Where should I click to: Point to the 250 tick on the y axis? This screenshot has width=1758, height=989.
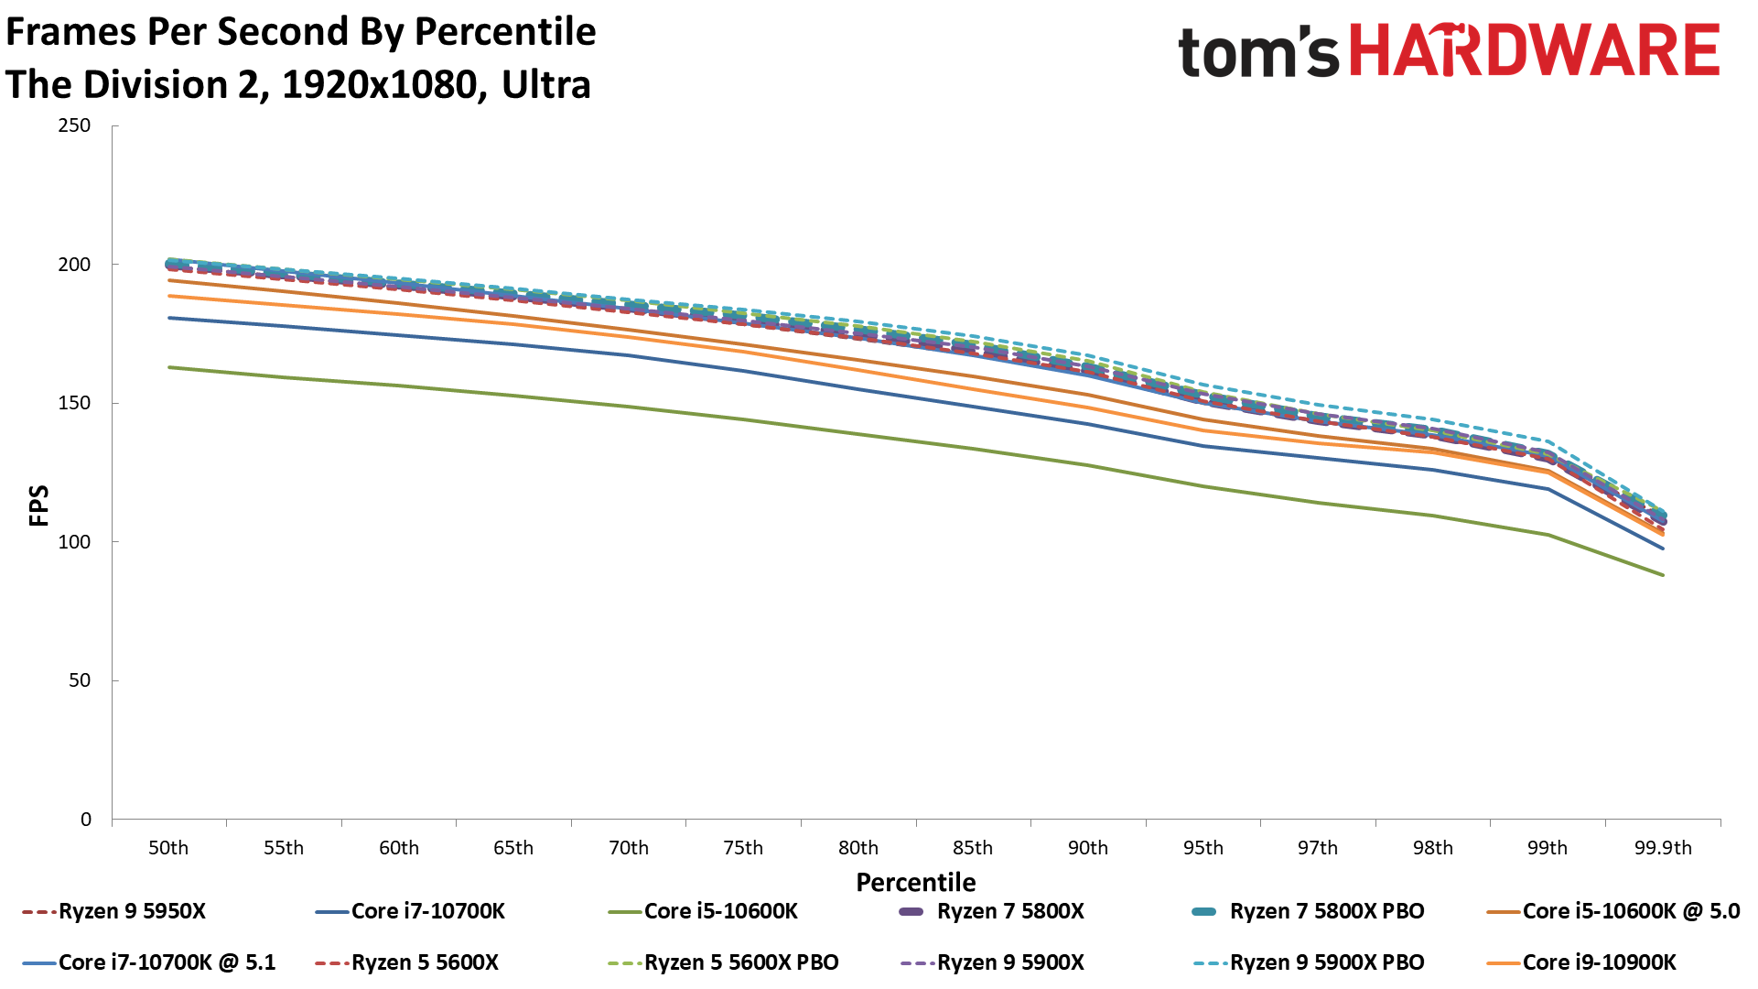(75, 125)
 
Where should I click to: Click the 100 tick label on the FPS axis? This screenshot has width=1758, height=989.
(75, 541)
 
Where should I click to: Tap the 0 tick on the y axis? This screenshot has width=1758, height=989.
(86, 820)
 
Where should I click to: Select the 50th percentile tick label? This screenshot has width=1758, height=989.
(168, 848)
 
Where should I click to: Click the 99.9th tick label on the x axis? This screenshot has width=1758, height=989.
(1663, 848)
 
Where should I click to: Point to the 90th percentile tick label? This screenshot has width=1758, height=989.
(1088, 848)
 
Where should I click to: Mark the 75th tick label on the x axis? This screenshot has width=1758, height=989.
(743, 848)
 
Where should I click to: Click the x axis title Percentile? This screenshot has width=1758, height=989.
(915, 882)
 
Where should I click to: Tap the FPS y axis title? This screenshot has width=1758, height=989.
(38, 505)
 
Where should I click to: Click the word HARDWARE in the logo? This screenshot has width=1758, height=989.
(1535, 50)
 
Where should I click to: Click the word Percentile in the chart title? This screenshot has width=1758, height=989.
(505, 32)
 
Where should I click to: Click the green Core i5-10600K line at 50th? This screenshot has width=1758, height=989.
(170, 367)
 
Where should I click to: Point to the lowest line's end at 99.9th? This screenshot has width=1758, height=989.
(1663, 575)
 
